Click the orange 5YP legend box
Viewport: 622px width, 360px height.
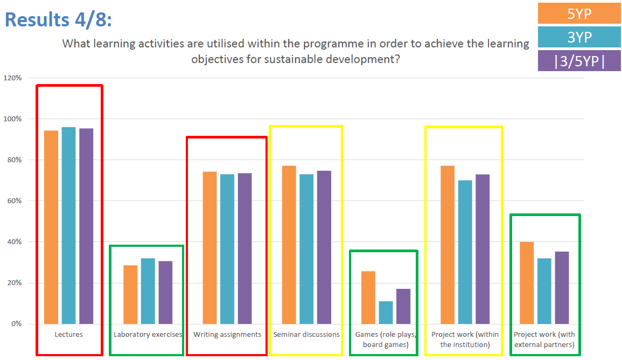[579, 13]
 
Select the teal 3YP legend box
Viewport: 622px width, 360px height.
[579, 37]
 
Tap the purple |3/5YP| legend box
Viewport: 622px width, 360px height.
[579, 61]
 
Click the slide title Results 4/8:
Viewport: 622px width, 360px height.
[58, 19]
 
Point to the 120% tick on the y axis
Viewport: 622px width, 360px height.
[13, 78]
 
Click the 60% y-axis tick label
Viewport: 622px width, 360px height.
[15, 201]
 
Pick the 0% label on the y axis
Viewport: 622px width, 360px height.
[16, 324]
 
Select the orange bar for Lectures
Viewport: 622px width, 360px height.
[51, 227]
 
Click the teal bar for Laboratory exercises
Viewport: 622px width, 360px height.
[148, 291]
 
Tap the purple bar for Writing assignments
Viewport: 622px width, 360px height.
[244, 248]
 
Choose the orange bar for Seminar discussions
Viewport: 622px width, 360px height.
[289, 245]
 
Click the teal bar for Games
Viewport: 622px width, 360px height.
[386, 313]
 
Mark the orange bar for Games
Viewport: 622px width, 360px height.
[368, 297]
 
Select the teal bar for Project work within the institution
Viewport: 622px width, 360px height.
[465, 252]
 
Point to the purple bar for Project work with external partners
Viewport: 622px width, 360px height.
[562, 288]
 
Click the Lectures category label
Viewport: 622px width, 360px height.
[68, 335]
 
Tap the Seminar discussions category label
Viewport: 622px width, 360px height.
[306, 335]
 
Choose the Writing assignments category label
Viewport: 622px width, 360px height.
[227, 335]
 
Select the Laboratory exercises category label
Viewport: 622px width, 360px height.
[148, 335]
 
